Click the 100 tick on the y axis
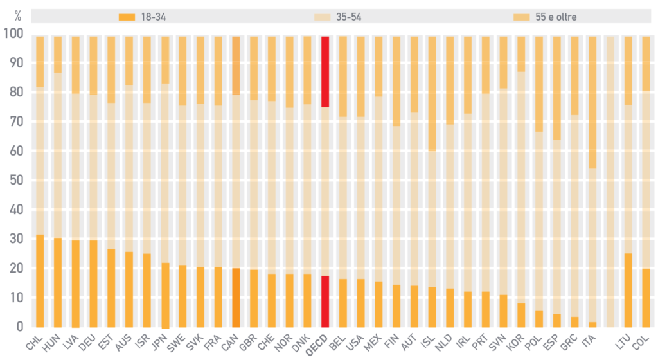13,33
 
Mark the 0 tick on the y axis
19,327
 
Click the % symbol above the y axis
17,14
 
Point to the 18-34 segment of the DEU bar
93,283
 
